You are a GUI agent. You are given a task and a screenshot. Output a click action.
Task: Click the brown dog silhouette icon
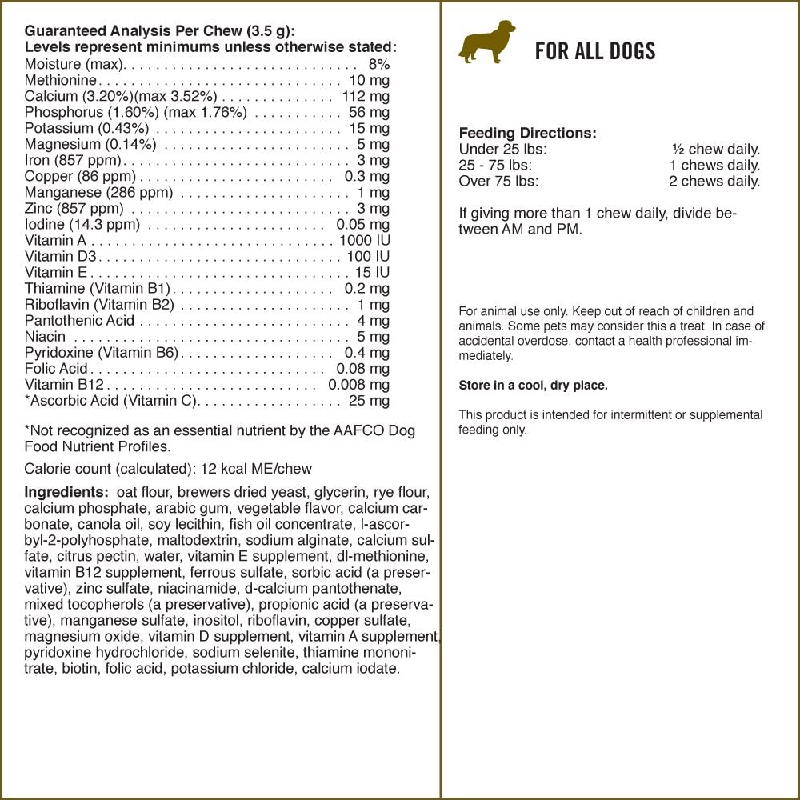(487, 42)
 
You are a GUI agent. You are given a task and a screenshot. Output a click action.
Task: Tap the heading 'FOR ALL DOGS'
(595, 52)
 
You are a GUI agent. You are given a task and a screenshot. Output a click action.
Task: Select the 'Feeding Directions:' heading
(527, 134)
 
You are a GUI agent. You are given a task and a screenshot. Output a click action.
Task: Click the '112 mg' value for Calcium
(366, 96)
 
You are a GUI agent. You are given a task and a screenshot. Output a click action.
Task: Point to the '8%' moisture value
(378, 64)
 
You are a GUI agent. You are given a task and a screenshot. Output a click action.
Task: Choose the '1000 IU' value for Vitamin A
(364, 240)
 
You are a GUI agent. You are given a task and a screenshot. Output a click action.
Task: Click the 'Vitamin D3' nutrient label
(60, 256)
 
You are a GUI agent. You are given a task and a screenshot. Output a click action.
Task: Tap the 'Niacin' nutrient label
(45, 336)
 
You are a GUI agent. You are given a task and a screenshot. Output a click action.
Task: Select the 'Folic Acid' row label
(56, 368)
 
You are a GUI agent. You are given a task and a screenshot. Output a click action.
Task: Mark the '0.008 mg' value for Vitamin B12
(358, 384)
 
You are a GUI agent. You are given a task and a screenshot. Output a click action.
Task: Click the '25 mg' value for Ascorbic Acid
(369, 400)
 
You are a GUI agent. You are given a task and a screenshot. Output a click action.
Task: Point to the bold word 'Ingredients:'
(66, 492)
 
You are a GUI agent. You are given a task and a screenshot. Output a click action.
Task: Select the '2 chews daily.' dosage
(714, 181)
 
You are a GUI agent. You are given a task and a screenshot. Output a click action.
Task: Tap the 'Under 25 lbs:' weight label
(502, 150)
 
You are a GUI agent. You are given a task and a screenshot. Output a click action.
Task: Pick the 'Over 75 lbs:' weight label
(498, 181)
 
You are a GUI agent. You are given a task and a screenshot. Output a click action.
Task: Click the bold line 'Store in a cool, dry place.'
(533, 386)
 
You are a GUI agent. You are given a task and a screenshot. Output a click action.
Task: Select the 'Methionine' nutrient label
(61, 80)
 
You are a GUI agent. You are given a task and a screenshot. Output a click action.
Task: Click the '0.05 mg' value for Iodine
(362, 224)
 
